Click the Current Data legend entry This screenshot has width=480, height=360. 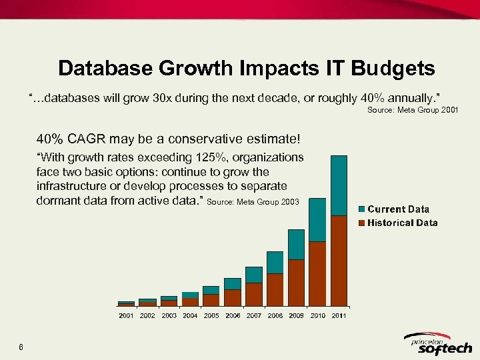click(x=397, y=209)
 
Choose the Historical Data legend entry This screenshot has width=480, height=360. click(x=401, y=223)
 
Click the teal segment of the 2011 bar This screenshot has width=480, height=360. click(x=339, y=185)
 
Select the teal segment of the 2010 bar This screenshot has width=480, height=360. click(x=317, y=219)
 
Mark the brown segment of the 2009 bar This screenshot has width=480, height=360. click(x=296, y=282)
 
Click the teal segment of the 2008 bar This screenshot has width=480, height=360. click(x=275, y=262)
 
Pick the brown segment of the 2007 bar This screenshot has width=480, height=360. click(x=253, y=294)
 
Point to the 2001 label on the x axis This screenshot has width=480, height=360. click(x=126, y=315)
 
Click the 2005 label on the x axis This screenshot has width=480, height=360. click(x=211, y=315)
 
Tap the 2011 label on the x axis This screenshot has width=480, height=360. click(x=339, y=315)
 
